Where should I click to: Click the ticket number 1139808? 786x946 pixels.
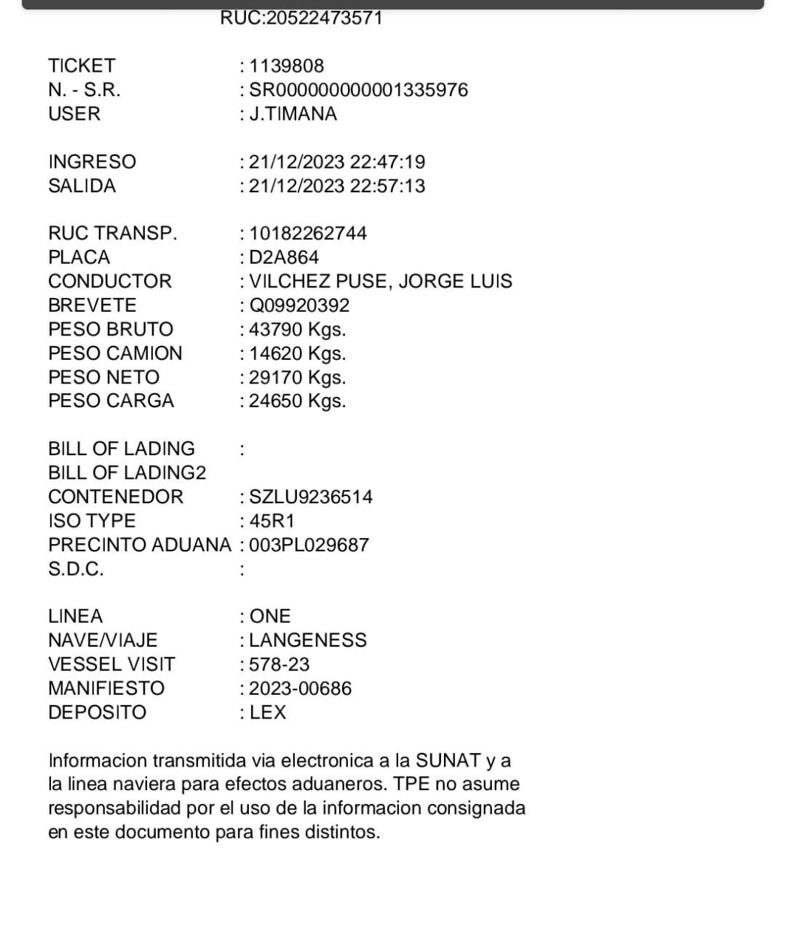[x=287, y=66]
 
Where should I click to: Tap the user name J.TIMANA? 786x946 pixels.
[x=293, y=114]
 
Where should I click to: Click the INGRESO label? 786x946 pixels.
[x=92, y=162]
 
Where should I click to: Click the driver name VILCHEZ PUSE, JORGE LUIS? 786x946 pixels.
[x=380, y=282]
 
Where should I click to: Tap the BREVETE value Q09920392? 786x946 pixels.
[x=299, y=305]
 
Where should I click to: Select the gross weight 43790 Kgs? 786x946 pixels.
[x=297, y=330]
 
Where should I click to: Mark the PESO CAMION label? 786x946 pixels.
[x=115, y=353]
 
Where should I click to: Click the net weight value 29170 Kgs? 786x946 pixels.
[x=297, y=378]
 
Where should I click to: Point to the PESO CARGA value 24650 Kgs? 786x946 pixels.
[x=297, y=401]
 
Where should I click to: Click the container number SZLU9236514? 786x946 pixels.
[x=311, y=497]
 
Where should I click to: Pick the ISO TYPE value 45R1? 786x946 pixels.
[x=272, y=521]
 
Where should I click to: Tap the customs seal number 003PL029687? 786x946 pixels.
[x=309, y=545]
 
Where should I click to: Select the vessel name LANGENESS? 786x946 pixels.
[x=308, y=640]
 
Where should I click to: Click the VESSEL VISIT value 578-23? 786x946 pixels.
[x=279, y=664]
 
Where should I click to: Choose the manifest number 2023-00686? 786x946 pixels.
[x=300, y=689]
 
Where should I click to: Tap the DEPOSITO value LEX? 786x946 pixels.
[x=267, y=712]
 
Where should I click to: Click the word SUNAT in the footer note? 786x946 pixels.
[x=448, y=760]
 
